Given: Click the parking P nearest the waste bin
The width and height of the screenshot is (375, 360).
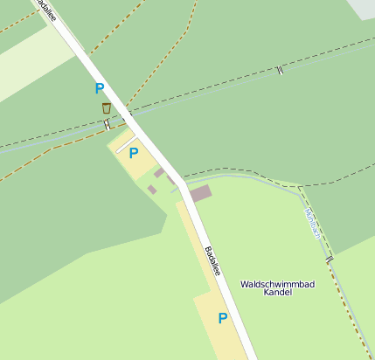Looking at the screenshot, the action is tap(99, 88).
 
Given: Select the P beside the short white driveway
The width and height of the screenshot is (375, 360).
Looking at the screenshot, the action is tap(133, 153).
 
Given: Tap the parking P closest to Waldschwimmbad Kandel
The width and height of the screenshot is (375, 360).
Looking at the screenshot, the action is tap(222, 318).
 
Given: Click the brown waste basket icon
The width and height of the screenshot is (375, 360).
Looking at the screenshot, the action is tap(106, 108).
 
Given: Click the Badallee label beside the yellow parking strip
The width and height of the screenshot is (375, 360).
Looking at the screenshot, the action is tap(212, 260).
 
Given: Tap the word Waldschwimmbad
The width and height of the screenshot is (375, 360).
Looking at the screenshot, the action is tap(277, 285).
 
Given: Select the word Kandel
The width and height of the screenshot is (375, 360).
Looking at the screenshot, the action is tap(277, 294).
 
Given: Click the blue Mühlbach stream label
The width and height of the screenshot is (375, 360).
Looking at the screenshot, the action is tap(312, 224).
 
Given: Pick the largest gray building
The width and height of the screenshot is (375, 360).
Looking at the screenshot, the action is tap(200, 192).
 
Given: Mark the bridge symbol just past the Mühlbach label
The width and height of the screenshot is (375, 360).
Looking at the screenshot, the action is tap(330, 260).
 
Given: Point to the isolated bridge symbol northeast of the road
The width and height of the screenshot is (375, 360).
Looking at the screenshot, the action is tap(279, 70).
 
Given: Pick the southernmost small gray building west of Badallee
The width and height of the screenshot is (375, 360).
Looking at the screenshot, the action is tap(152, 189).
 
